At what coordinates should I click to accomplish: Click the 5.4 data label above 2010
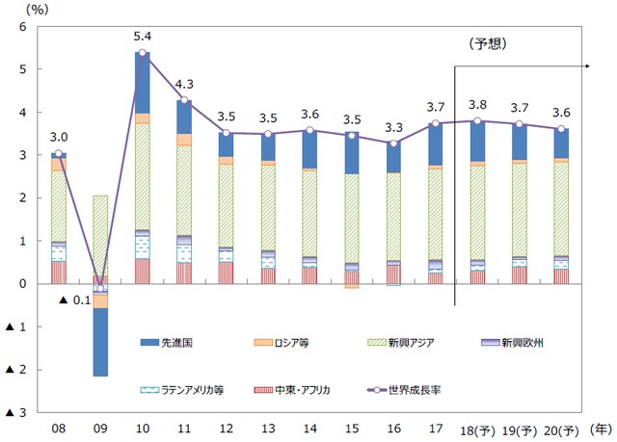[x=143, y=37]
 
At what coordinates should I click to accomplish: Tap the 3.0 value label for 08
[x=58, y=137]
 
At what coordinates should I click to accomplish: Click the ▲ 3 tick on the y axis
[x=15, y=413]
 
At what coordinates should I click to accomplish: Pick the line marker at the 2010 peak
[x=143, y=53]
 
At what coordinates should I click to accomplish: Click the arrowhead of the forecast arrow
[x=586, y=65]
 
